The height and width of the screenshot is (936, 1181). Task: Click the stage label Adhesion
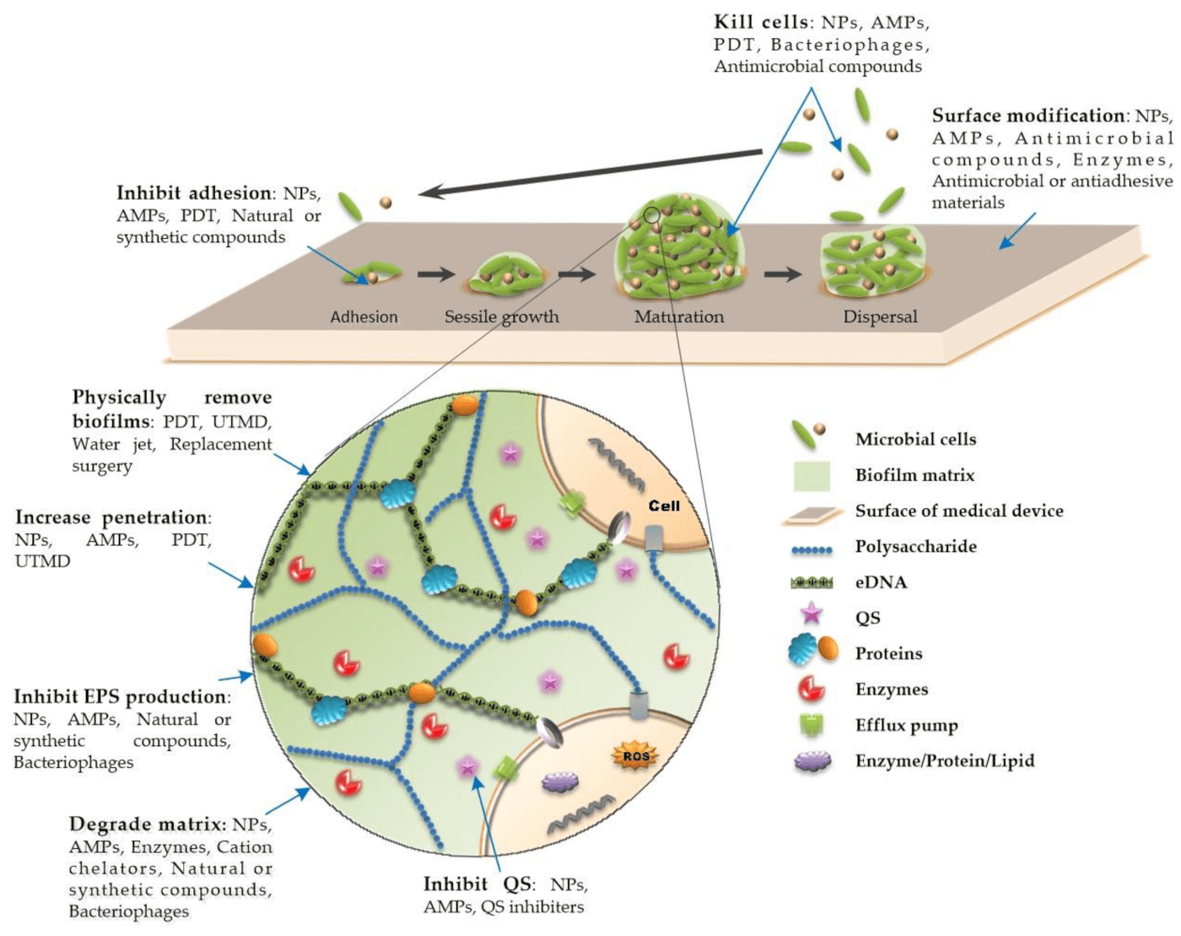pyautogui.click(x=364, y=317)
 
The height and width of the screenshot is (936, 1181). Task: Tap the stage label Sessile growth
pyautogui.click(x=501, y=317)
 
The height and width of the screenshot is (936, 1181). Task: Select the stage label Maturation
pyautogui.click(x=679, y=317)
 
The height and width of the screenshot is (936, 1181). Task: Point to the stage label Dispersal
pyautogui.click(x=880, y=317)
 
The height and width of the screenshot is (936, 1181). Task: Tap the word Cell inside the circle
pyautogui.click(x=664, y=506)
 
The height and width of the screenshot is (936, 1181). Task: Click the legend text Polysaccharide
pyautogui.click(x=915, y=547)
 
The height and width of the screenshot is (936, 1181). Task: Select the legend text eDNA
pyautogui.click(x=881, y=582)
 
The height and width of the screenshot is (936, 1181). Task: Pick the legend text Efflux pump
pyautogui.click(x=906, y=726)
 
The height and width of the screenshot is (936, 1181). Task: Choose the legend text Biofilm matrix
pyautogui.click(x=914, y=475)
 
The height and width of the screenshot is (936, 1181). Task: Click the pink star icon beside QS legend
pyautogui.click(x=811, y=614)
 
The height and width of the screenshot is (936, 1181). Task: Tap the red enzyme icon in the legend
pyautogui.click(x=811, y=689)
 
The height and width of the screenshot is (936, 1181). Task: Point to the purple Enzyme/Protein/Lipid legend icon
pyautogui.click(x=812, y=761)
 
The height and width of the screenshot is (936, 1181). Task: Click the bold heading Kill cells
pyautogui.click(x=761, y=22)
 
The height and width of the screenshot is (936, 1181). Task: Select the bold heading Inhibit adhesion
pyautogui.click(x=193, y=193)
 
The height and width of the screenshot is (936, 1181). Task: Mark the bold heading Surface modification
pyautogui.click(x=1028, y=116)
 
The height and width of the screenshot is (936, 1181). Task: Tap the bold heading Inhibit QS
pyautogui.click(x=477, y=885)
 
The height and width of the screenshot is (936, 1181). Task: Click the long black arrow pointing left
pyautogui.click(x=590, y=173)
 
